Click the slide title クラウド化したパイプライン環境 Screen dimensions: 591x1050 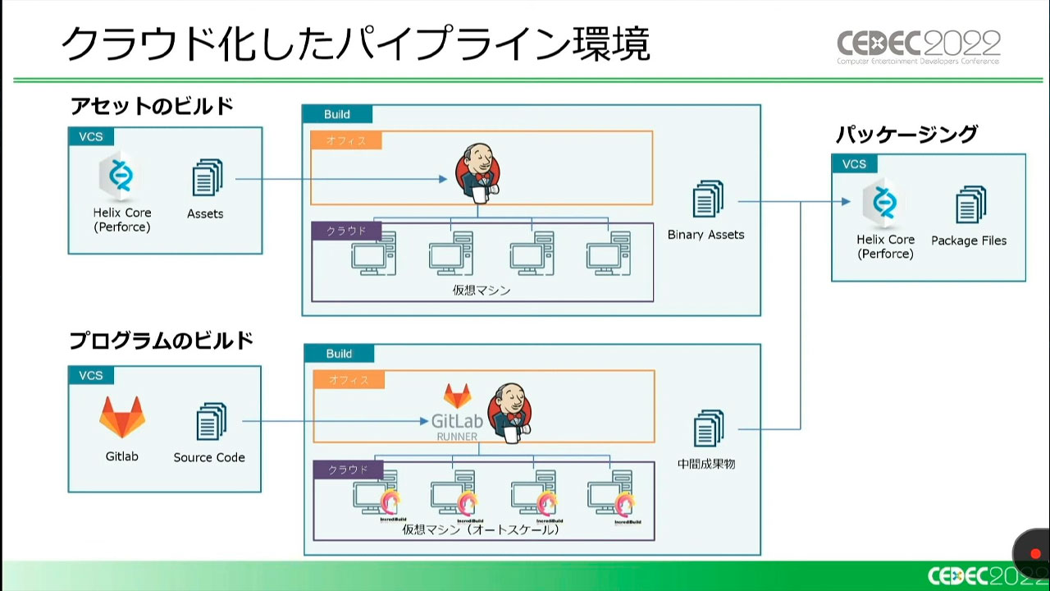(x=355, y=44)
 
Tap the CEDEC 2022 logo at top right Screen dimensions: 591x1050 (x=918, y=47)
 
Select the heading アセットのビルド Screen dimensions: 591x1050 (x=152, y=107)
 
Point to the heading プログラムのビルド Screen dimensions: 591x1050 (x=161, y=341)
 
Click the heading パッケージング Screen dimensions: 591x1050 (x=906, y=134)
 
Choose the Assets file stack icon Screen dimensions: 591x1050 (x=207, y=177)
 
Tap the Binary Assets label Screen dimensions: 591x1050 (x=705, y=235)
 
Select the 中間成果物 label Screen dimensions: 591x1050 (x=706, y=464)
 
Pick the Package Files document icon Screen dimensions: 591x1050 (x=970, y=204)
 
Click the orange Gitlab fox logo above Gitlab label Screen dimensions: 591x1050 (x=122, y=417)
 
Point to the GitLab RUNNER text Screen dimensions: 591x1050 (x=457, y=425)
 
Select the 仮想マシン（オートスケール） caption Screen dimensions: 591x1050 (x=481, y=530)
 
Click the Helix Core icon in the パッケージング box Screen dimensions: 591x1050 (x=885, y=202)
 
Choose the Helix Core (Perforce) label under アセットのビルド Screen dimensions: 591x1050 (x=122, y=220)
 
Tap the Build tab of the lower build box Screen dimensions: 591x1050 (x=339, y=354)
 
